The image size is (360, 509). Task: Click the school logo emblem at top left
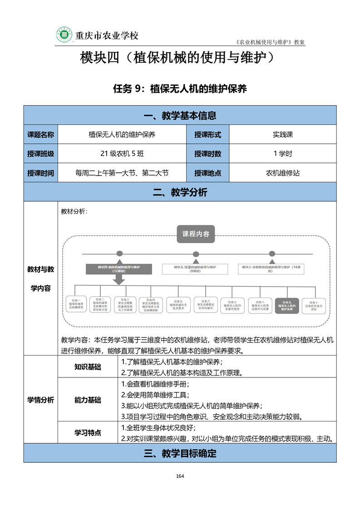(x=64, y=34)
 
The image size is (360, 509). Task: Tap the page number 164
(x=180, y=476)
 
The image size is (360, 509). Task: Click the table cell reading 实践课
(x=282, y=134)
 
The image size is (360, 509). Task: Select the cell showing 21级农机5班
(x=122, y=153)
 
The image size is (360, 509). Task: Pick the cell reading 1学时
(x=282, y=153)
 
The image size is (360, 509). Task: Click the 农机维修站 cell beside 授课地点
(x=282, y=172)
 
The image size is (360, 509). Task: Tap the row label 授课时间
(x=41, y=173)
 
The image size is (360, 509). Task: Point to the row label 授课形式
(x=208, y=134)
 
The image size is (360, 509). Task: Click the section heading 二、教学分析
(x=180, y=192)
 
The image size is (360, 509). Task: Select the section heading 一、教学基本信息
(x=180, y=115)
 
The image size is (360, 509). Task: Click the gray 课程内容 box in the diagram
(x=196, y=234)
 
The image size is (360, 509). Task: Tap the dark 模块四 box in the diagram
(x=119, y=269)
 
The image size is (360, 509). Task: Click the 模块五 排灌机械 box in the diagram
(x=195, y=269)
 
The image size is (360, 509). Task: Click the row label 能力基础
(x=88, y=400)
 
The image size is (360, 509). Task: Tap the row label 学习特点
(x=88, y=433)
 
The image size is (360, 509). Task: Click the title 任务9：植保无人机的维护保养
(x=180, y=89)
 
